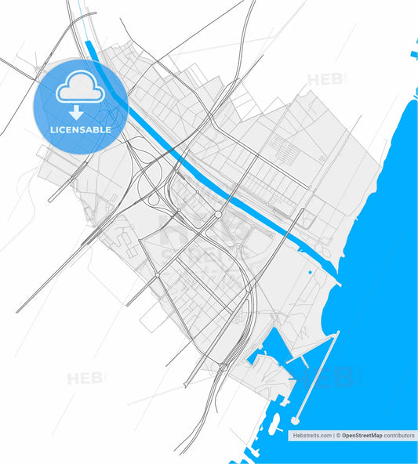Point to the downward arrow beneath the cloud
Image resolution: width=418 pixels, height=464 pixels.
[x=79, y=112]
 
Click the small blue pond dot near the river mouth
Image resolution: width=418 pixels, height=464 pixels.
[x=311, y=273]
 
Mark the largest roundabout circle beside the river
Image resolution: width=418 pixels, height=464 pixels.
[x=218, y=213]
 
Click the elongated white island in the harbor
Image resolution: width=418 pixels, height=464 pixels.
[x=275, y=426]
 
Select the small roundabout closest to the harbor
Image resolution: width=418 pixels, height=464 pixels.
[x=224, y=366]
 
